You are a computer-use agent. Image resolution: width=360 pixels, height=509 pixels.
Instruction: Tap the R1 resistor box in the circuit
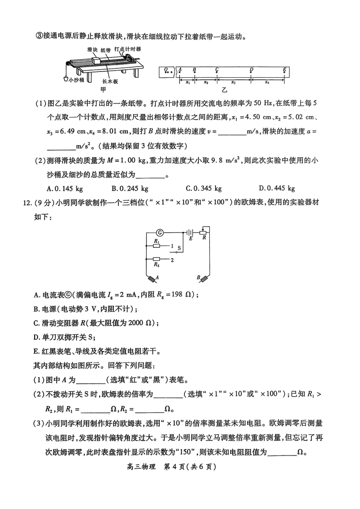[156, 246]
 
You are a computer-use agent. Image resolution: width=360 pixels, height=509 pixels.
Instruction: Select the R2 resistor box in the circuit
[156, 259]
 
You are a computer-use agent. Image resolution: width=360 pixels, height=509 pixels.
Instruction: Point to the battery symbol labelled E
[190, 233]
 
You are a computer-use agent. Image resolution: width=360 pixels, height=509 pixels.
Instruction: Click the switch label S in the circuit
[179, 248]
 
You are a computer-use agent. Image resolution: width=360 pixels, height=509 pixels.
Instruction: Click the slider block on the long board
[96, 61]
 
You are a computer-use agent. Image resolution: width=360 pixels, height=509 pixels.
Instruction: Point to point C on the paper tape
[217, 70]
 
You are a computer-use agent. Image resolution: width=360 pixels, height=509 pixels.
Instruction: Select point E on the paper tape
[285, 70]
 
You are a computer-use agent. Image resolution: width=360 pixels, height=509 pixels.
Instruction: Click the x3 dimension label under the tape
[233, 83]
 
